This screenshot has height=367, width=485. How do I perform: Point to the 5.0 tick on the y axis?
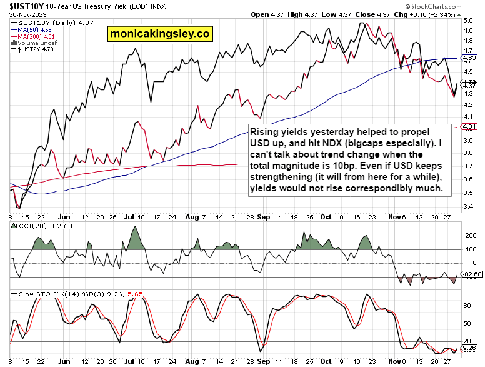pyautogui.click(x=467, y=20)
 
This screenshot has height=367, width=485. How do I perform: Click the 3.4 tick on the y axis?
pyautogui.click(x=467, y=206)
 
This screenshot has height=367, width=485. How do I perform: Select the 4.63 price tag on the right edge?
pyautogui.click(x=469, y=58)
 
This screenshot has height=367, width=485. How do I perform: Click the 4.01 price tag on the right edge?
pyautogui.click(x=469, y=127)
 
